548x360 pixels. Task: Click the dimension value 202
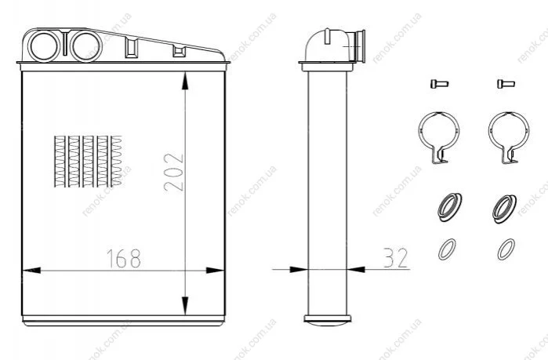(x=173, y=172)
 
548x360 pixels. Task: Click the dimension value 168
(x=123, y=258)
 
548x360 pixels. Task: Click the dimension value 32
(x=396, y=258)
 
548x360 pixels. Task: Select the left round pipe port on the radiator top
(x=44, y=46)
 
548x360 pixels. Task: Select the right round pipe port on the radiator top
(x=85, y=46)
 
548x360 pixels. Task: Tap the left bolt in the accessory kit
(x=439, y=84)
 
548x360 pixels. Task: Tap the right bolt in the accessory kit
(x=506, y=84)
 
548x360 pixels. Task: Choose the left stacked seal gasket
(x=449, y=207)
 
